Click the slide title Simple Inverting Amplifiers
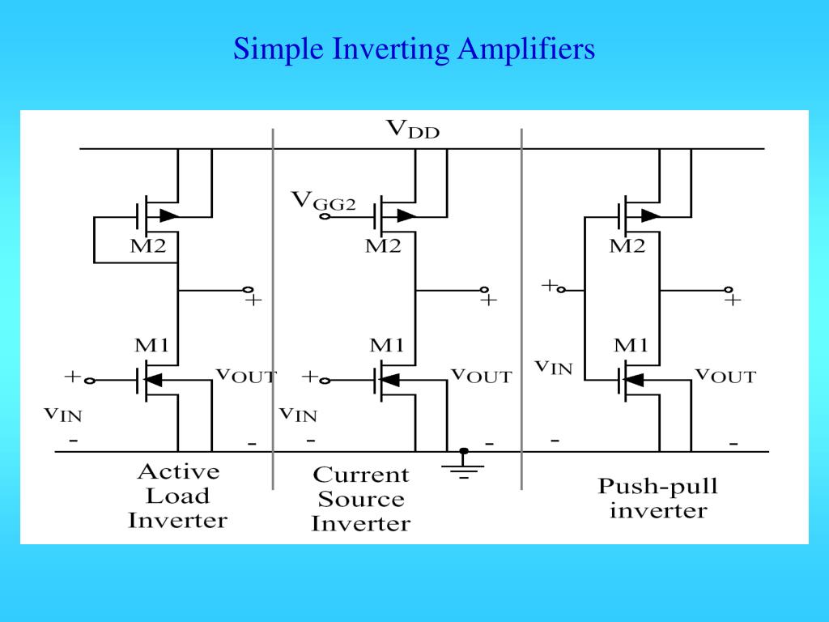[414, 49]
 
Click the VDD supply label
[412, 129]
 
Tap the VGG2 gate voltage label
[323, 200]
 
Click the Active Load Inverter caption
[177, 496]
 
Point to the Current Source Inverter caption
[360, 499]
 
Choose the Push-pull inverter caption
[657, 498]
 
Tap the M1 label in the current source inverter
[387, 345]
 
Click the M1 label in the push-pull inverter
[631, 345]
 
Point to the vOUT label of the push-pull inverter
[725, 376]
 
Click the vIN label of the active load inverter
[62, 414]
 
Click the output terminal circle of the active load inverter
[249, 290]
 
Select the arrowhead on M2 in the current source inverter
[406, 216]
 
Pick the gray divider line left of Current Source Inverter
[273, 308]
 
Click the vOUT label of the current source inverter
[481, 376]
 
